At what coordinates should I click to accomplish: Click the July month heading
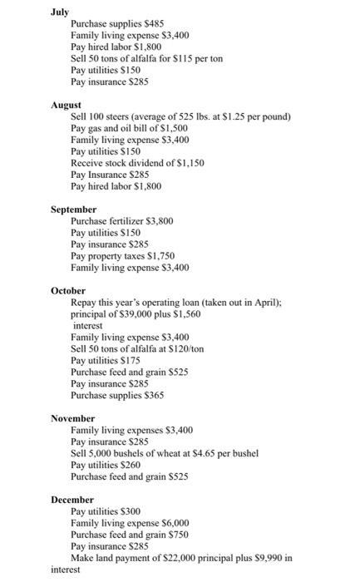click(60, 12)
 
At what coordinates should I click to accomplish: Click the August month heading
click(66, 106)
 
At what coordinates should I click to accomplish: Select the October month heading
click(68, 291)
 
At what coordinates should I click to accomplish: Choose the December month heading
click(72, 500)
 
